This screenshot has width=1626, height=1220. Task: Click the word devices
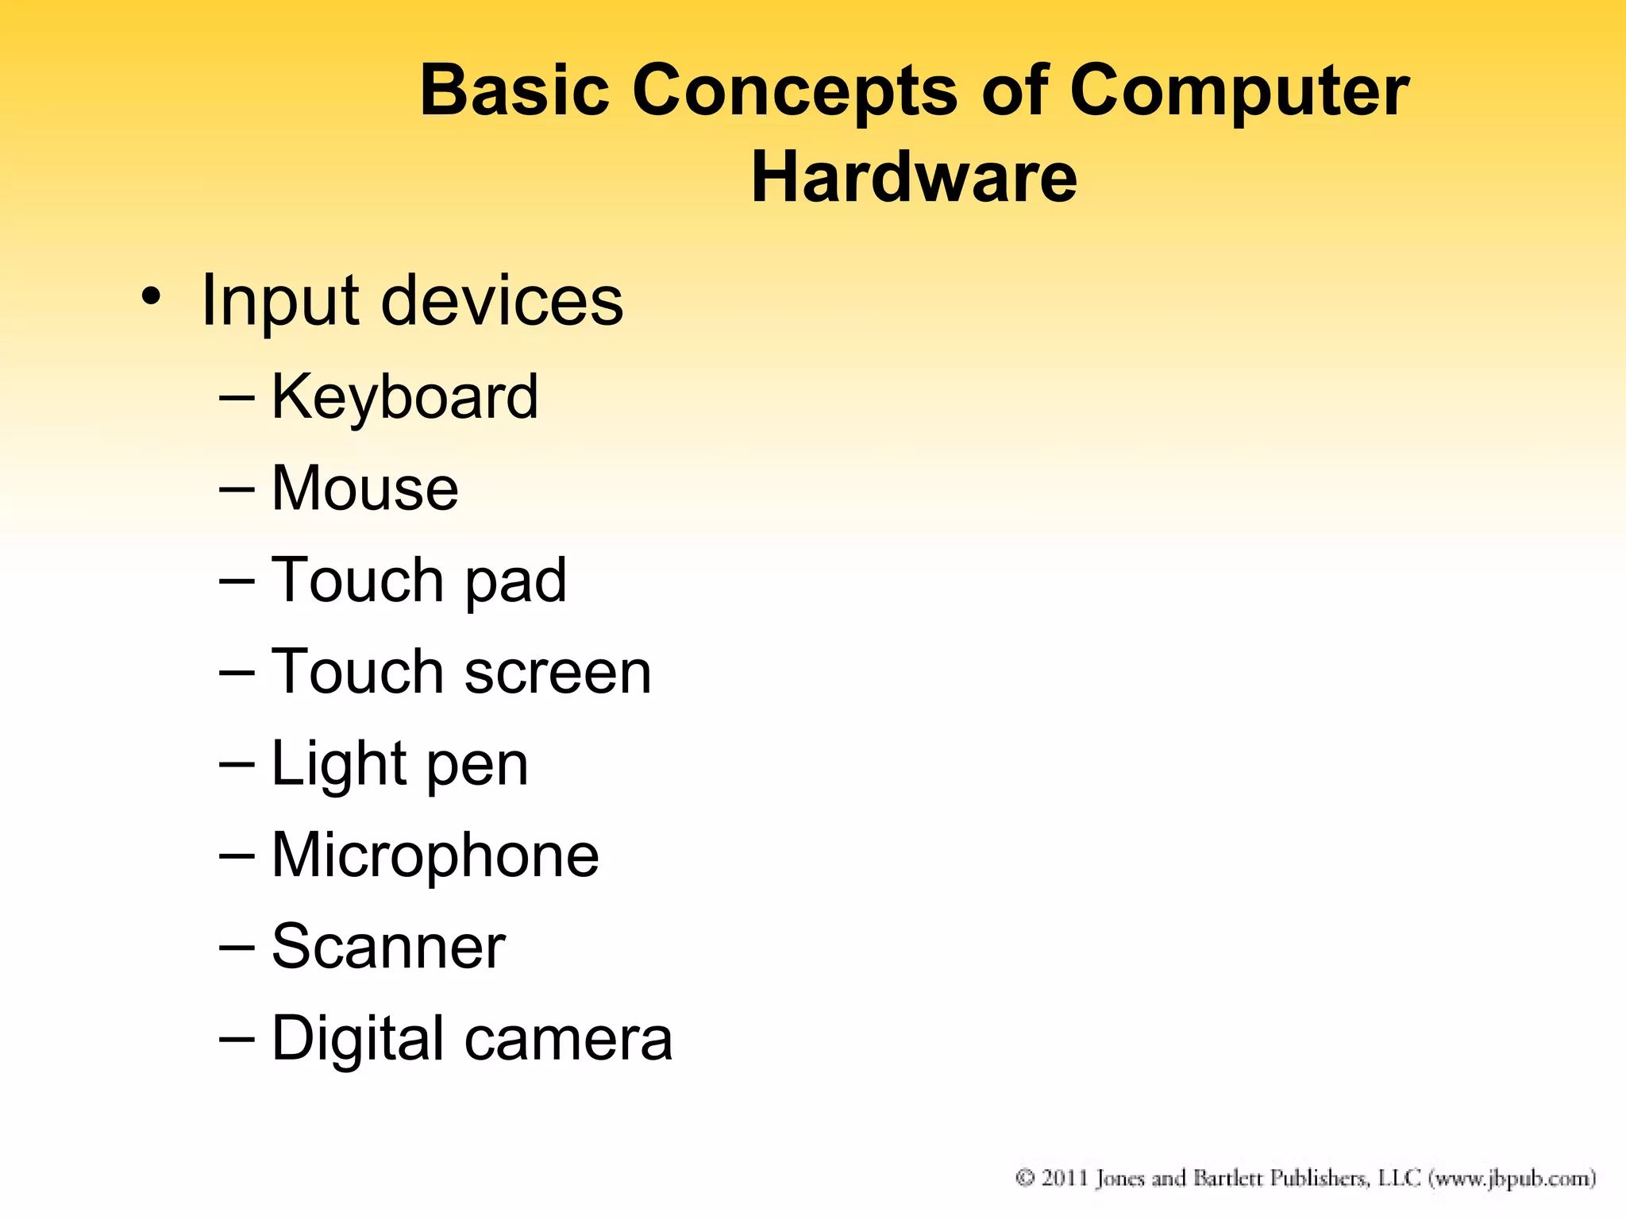coord(503,301)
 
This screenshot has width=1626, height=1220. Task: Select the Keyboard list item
coord(405,396)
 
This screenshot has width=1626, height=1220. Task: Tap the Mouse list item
coord(365,488)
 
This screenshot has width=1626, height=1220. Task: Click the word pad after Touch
coord(515,581)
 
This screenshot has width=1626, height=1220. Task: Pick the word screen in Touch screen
coord(557,672)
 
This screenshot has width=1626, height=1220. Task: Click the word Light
coord(340,764)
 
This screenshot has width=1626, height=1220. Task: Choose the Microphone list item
coord(435,855)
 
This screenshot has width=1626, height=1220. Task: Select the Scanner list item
coord(388,947)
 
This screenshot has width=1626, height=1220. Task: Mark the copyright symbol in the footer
coord(1025,1177)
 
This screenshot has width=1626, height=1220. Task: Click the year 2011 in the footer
coord(1064,1177)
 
